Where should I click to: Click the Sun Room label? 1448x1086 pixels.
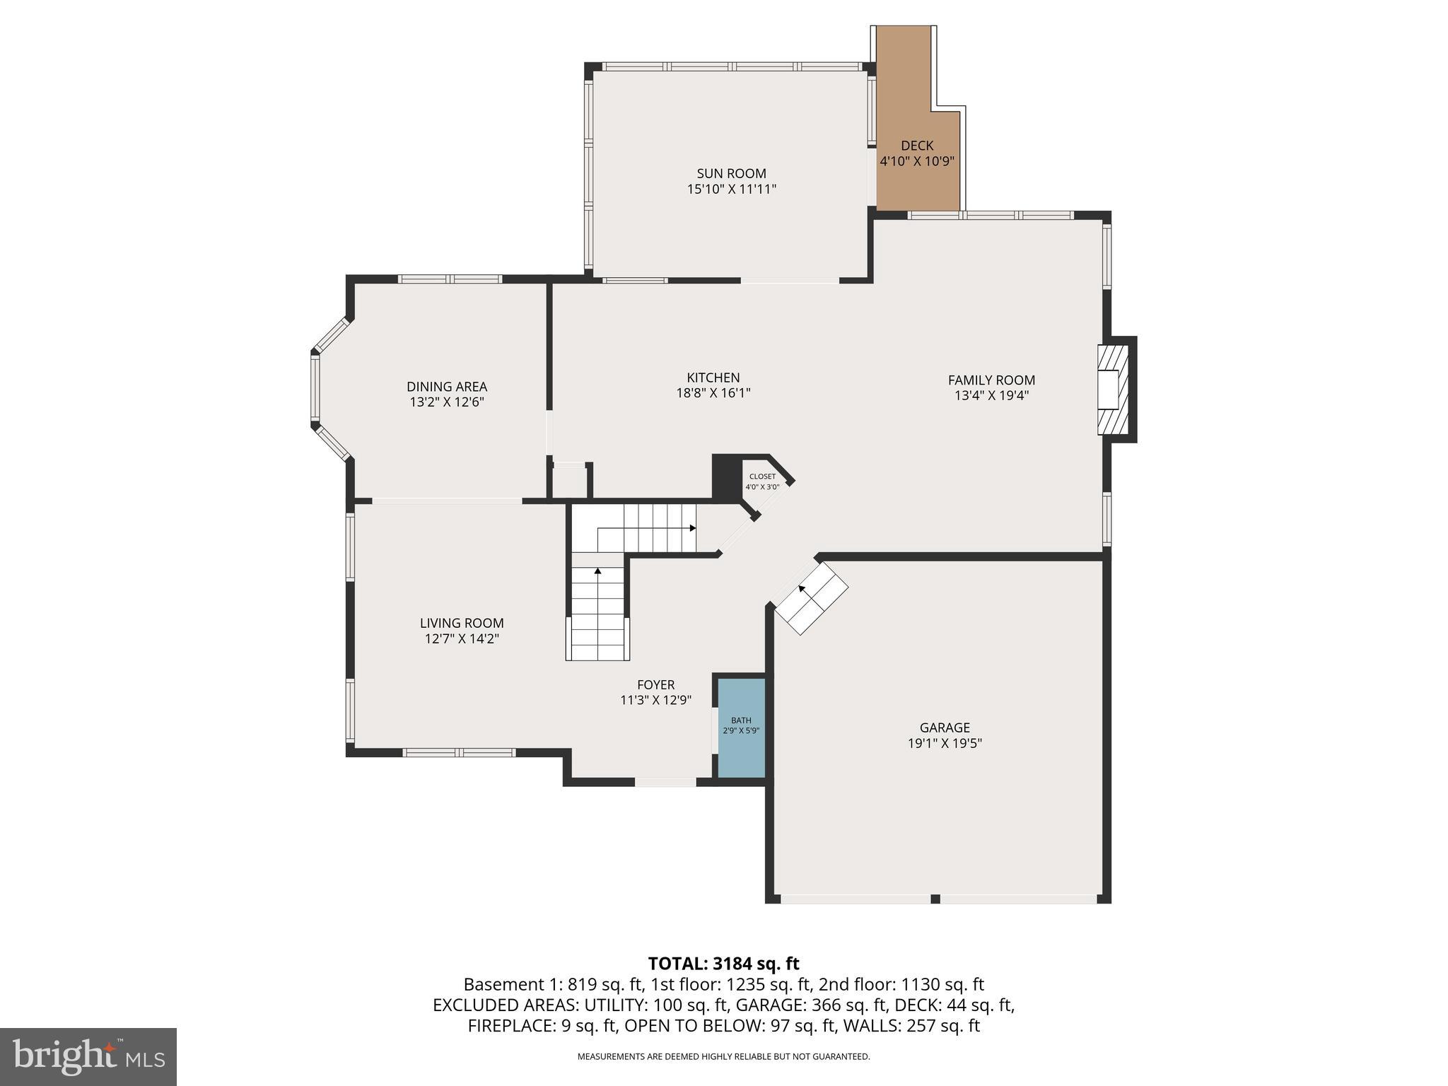click(731, 173)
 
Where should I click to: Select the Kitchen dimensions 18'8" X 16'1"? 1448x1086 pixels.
click(713, 393)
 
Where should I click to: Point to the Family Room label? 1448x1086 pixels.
click(991, 380)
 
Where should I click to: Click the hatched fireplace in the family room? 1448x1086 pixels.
click(1111, 390)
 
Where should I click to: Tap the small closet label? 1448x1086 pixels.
click(762, 477)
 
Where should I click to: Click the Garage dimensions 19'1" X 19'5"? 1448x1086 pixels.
click(945, 743)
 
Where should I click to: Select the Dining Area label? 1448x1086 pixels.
click(446, 387)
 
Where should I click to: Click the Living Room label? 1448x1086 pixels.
click(462, 623)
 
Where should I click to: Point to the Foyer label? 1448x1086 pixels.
click(655, 684)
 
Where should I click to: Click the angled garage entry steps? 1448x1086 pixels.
click(812, 598)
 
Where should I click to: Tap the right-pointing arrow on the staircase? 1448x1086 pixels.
click(692, 528)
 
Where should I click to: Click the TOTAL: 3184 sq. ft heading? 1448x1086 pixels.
click(723, 963)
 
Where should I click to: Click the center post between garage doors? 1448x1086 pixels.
click(935, 899)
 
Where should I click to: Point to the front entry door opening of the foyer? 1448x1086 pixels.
click(665, 782)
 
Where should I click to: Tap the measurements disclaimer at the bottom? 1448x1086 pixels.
click(723, 1056)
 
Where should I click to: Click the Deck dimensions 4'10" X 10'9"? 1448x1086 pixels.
click(916, 161)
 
